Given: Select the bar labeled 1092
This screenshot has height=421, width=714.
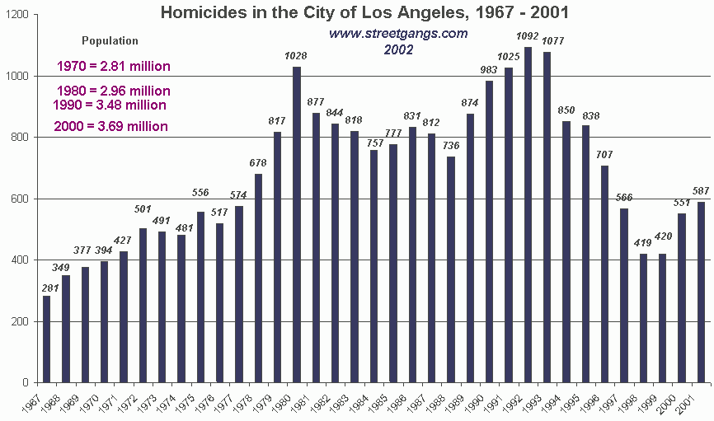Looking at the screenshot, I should pos(527,214).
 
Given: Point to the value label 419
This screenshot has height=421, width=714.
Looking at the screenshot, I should pos(642,244).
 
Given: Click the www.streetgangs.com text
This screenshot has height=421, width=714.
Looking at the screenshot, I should pos(398,34).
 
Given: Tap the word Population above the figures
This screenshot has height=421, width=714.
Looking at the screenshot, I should pos(110,40).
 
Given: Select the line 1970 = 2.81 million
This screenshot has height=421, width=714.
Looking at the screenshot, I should pos(114,67).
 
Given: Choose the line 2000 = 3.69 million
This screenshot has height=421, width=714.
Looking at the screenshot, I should pos(111,127).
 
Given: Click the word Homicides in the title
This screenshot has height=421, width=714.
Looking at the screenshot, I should pos(196,12).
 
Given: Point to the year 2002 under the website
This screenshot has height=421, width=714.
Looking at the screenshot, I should pos(398,49).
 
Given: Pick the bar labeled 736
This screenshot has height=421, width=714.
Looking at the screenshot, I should pos(450,269).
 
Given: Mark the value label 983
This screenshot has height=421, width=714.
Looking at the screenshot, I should pos(488,71).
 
